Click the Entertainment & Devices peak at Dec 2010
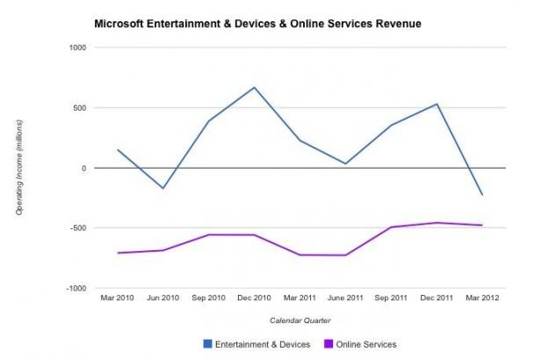click(254, 88)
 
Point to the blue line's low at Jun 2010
click(163, 188)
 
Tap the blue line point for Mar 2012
click(481, 195)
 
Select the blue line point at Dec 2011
click(437, 104)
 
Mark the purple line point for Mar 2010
click(118, 253)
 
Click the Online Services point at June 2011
click(345, 256)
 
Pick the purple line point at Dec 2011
click(437, 223)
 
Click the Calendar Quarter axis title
click(300, 322)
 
